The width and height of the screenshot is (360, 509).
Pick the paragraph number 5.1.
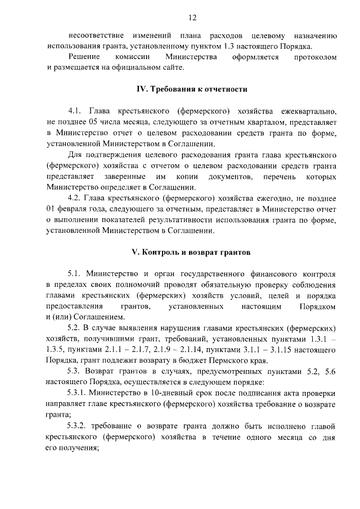(75, 274)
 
